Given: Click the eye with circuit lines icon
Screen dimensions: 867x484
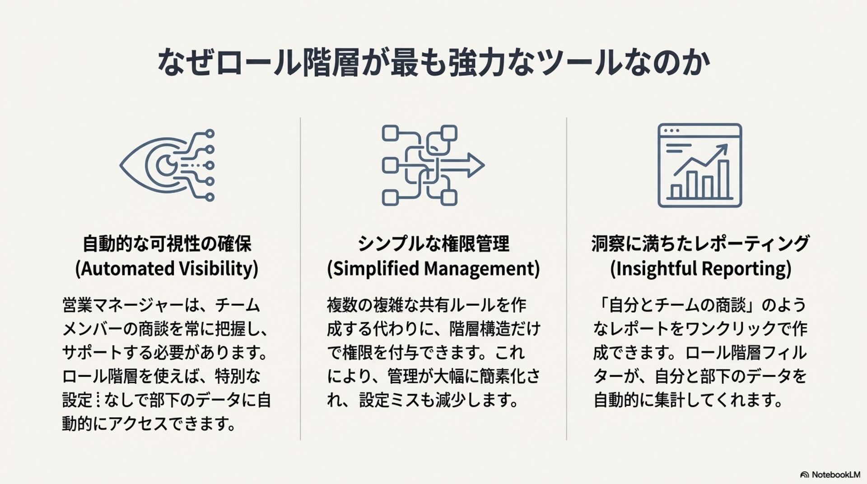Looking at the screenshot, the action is pyautogui.click(x=167, y=165).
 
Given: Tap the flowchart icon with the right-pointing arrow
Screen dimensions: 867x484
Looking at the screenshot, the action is pyautogui.click(x=432, y=165).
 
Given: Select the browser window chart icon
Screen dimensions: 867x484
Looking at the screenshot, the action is pyautogui.click(x=699, y=165).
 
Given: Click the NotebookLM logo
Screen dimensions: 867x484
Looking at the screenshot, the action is pyautogui.click(x=830, y=475).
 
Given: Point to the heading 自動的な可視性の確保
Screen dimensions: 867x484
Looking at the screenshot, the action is pyautogui.click(x=167, y=244).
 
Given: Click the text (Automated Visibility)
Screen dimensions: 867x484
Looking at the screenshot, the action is pyautogui.click(x=167, y=269).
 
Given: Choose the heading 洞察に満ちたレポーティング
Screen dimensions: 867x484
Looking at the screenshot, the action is pyautogui.click(x=700, y=244).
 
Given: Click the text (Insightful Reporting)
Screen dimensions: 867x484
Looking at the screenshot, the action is pyautogui.click(x=700, y=269).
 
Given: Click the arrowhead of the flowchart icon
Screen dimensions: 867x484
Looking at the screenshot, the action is pyautogui.click(x=476, y=165).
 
